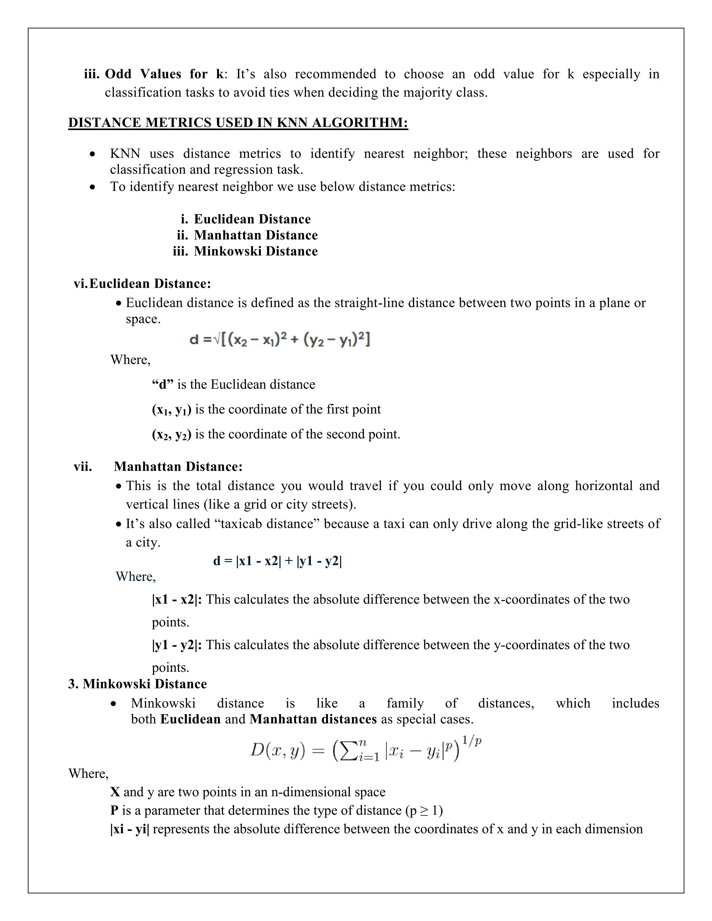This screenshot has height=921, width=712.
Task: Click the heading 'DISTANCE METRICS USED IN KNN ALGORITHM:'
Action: coord(238,123)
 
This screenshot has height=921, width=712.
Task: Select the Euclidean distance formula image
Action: coord(280,340)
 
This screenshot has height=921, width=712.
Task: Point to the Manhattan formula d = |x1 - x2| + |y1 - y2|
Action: coord(277,561)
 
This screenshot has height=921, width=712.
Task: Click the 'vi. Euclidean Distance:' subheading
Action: coord(143,283)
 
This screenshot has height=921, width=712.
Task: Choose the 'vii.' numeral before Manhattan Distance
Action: coord(83,466)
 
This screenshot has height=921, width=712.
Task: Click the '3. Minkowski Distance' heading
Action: coord(138,684)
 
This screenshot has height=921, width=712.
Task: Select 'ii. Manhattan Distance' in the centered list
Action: coord(248,235)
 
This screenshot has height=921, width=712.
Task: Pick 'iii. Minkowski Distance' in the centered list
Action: coord(245,251)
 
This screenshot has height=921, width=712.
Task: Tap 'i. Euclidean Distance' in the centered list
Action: coord(246,219)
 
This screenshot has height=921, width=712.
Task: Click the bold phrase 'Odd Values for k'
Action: coord(164,74)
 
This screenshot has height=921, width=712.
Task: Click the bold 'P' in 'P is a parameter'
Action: coord(114,810)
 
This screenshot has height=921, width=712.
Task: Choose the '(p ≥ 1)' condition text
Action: coord(423,810)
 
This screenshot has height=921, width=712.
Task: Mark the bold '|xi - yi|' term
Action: coord(130,829)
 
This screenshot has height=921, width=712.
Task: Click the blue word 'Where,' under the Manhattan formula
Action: coord(136,577)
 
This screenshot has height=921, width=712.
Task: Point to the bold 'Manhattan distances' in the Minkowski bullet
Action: coord(313,719)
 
